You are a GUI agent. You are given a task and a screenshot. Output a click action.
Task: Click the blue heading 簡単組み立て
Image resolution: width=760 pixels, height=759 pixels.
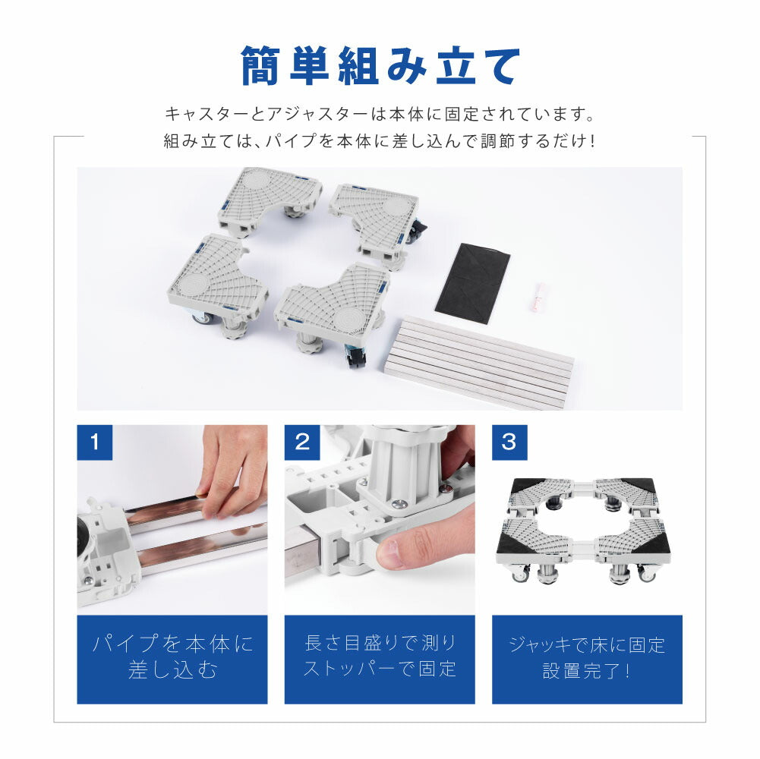(380, 65)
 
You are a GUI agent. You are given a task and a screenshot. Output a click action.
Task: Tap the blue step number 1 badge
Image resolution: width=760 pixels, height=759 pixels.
(94, 442)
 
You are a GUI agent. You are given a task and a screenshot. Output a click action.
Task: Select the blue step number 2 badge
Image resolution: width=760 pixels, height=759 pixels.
(302, 442)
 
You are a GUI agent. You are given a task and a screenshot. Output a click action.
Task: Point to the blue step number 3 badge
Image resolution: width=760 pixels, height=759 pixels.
(509, 442)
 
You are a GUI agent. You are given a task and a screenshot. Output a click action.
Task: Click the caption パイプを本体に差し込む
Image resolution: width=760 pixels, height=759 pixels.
(172, 657)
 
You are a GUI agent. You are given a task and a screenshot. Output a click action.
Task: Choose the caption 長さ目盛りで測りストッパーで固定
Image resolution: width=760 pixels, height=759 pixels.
(380, 656)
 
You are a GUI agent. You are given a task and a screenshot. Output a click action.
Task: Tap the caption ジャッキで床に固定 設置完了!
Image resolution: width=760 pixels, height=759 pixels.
(587, 658)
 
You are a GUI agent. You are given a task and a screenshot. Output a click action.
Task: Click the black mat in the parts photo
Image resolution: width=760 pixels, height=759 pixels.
(472, 282)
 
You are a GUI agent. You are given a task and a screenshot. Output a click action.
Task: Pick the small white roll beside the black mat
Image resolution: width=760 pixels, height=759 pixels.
(540, 296)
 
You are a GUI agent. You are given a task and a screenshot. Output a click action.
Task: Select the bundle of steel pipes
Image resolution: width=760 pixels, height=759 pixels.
(480, 361)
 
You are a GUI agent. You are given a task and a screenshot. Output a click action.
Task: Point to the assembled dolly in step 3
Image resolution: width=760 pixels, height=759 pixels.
(584, 529)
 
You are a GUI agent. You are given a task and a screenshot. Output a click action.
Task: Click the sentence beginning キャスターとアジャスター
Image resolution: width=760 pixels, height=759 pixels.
(380, 114)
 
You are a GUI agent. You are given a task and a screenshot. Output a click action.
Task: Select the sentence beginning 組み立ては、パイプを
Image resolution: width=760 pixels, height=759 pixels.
(380, 141)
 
